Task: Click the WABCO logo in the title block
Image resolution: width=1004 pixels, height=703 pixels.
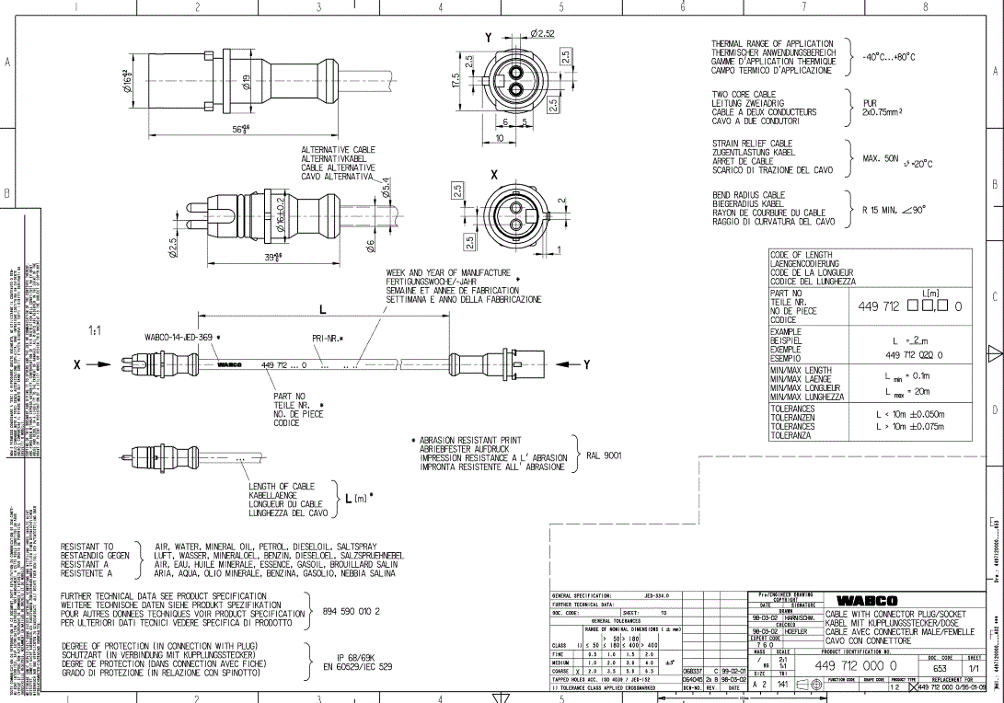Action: (867, 601)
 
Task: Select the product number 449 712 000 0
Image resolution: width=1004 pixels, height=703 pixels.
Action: (855, 665)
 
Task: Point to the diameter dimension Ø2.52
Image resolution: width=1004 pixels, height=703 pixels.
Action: (542, 34)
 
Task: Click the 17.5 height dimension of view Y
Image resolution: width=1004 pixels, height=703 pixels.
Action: (454, 81)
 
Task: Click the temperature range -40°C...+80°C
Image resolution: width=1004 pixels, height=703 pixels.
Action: (888, 57)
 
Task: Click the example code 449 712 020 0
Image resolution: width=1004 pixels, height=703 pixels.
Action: (913, 354)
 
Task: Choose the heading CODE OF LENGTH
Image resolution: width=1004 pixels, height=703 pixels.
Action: (801, 255)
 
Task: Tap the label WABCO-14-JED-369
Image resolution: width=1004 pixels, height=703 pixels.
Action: (178, 338)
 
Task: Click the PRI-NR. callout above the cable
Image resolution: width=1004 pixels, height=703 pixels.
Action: (327, 339)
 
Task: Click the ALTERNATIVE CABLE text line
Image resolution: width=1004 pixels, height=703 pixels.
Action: (338, 150)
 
